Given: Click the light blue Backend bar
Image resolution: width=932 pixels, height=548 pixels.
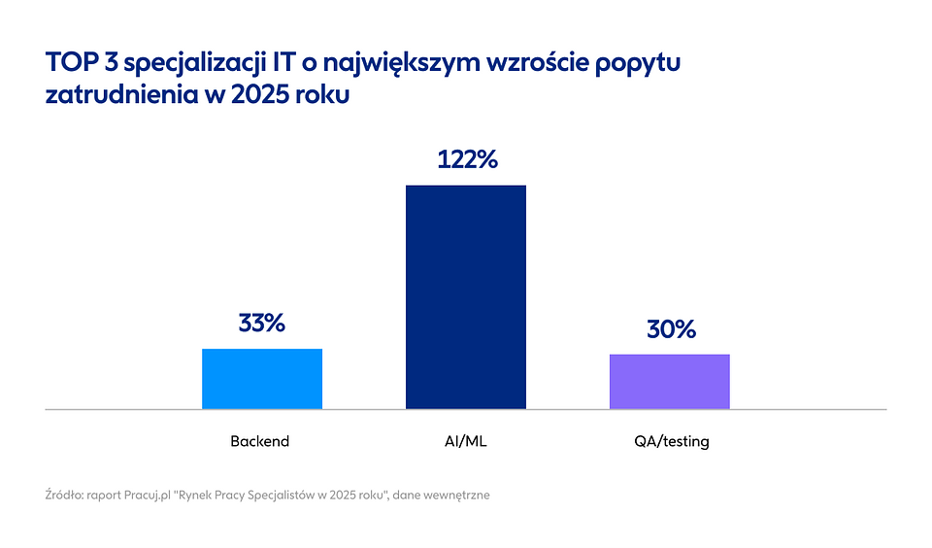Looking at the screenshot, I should [x=261, y=378].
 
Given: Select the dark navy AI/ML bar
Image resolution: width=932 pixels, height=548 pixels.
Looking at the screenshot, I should [x=465, y=296].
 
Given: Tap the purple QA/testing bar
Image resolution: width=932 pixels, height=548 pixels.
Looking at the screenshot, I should [x=669, y=381].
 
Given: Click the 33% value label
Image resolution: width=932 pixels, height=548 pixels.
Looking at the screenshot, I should [x=261, y=324].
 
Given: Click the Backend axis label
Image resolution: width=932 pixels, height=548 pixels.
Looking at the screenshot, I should [x=260, y=441].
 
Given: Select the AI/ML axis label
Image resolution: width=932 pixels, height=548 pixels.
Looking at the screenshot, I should [x=465, y=441].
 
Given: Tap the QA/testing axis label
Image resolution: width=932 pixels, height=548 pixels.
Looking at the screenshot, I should [x=669, y=441].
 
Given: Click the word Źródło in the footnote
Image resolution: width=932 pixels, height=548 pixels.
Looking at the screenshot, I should [x=65, y=495].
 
